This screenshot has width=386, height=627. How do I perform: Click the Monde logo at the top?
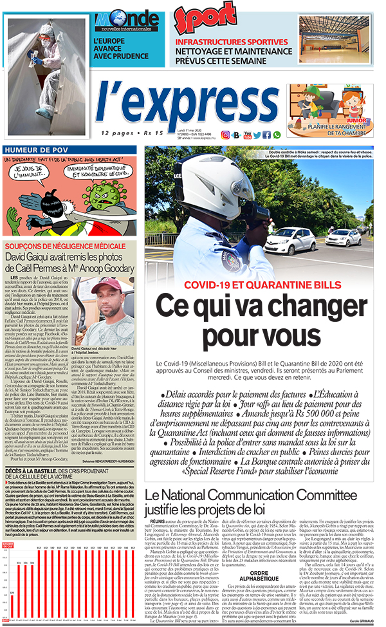tap(127, 20)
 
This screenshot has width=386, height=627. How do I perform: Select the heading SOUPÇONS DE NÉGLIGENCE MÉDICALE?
tap(59, 246)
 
